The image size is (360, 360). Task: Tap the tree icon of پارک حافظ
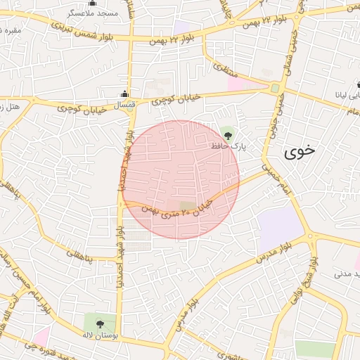click(227, 133)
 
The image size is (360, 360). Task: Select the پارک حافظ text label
click(227, 146)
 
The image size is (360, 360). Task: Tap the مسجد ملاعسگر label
click(92, 13)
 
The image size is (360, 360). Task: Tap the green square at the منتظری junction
click(275, 89)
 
